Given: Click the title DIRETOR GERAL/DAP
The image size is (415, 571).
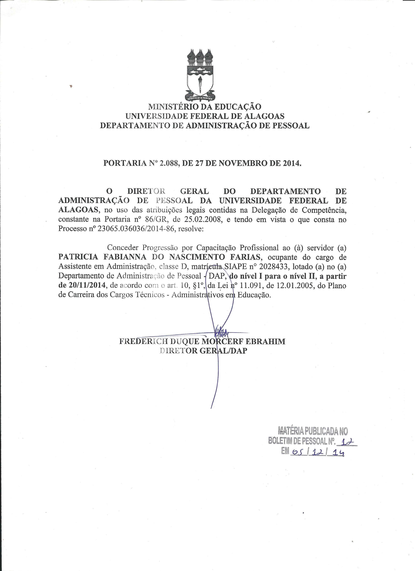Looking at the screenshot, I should (x=203, y=351).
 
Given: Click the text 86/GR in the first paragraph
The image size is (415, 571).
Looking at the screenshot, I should (x=152, y=220).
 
